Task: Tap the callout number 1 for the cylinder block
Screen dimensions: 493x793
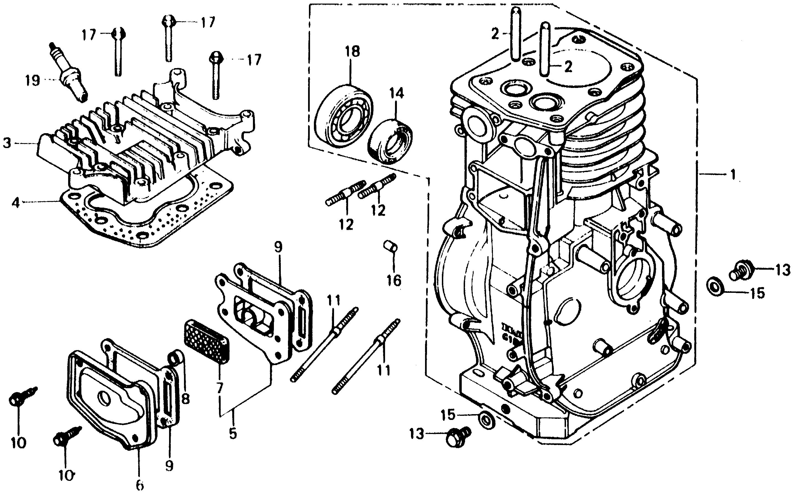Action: (733, 175)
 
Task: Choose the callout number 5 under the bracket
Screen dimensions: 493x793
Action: (233, 433)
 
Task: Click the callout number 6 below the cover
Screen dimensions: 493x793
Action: (140, 486)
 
